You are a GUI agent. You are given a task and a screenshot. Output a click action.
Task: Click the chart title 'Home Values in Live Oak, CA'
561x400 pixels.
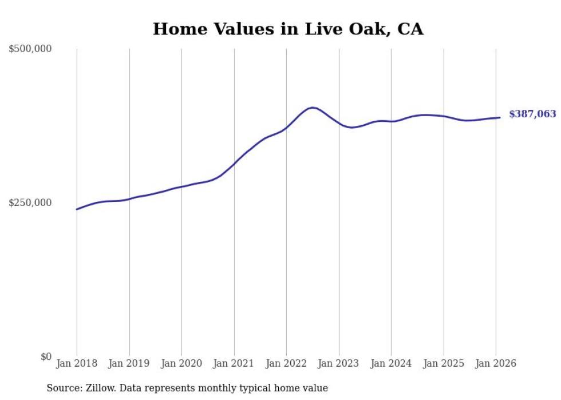(x=288, y=29)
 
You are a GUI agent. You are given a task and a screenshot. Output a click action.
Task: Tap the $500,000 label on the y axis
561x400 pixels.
(x=30, y=49)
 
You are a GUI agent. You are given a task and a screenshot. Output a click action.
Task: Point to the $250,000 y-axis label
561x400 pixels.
(x=30, y=203)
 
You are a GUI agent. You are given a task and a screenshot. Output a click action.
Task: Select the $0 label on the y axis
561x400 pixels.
(x=46, y=357)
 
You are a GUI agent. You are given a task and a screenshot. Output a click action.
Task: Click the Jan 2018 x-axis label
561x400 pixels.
(x=77, y=364)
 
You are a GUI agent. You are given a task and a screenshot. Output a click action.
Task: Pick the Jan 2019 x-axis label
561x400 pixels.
(x=129, y=364)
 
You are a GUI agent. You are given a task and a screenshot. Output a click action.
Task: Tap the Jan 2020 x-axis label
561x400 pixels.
(x=181, y=364)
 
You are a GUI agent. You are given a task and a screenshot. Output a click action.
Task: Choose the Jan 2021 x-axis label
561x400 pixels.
(x=234, y=364)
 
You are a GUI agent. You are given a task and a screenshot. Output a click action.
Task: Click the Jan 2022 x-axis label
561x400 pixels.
(x=286, y=364)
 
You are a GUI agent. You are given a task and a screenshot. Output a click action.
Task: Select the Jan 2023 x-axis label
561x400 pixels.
(x=339, y=364)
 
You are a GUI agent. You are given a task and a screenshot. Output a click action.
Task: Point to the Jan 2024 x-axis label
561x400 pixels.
(x=391, y=364)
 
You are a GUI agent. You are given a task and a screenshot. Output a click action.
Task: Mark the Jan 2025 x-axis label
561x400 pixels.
(x=444, y=364)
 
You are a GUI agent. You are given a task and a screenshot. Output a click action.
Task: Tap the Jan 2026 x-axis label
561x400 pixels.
(x=496, y=364)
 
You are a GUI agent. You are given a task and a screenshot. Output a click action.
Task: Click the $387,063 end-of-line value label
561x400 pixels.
(x=532, y=114)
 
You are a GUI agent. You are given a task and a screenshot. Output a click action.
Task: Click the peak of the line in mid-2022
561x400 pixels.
(x=312, y=108)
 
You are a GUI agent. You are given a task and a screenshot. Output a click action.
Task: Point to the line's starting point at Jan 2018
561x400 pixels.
(x=77, y=209)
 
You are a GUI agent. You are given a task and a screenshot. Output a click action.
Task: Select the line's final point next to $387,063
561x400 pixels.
(x=500, y=118)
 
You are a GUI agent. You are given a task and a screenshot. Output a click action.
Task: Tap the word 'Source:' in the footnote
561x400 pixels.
(x=62, y=389)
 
